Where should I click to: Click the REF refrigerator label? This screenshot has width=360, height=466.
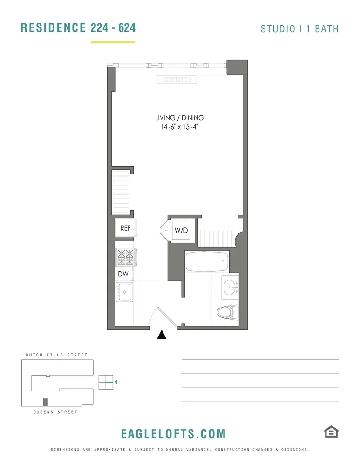pos(125,228)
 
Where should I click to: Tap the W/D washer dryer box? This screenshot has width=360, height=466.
pos(181,230)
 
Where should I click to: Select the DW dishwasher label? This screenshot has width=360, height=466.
pos(123,274)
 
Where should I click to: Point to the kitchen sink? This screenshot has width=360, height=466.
pos(124,292)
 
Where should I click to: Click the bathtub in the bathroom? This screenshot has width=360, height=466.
pos(206,262)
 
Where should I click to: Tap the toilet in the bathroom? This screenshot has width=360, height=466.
pos(227,312)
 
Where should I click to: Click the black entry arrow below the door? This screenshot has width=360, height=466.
pos(162,334)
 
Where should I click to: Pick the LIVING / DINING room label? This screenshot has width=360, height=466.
pos(179,118)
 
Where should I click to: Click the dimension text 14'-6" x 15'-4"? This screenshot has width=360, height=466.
pos(179,127)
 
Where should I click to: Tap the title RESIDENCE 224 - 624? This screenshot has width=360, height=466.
pos(78,28)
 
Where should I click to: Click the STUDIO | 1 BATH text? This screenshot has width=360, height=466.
pos(299,29)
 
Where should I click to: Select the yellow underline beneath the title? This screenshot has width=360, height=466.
pos(113,42)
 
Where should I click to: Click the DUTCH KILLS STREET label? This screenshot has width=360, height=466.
pos(56,355)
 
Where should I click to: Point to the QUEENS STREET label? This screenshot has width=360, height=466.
pos(55,412)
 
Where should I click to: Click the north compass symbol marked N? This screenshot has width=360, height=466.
pos(107,382)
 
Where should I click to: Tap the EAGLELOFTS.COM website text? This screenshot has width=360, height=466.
pos(173,434)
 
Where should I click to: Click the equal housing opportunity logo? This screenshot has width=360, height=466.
pos(331,432)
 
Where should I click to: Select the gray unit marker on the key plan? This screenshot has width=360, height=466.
pos(45,402)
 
